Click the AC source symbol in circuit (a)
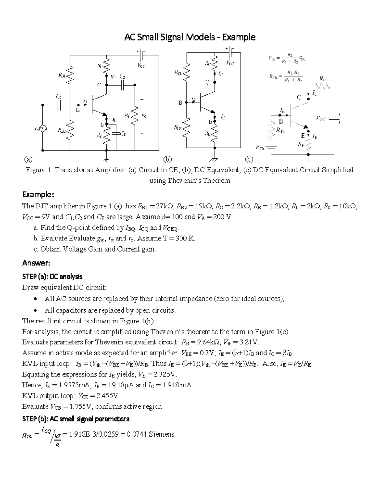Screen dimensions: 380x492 coord(42,129)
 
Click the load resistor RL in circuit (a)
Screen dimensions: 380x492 coord(135,116)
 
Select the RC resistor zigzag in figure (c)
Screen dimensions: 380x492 coord(323,86)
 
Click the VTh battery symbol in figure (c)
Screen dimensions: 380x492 coord(271,147)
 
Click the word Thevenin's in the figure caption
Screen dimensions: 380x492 coord(187,181)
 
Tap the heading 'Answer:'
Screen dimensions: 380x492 coord(36,263)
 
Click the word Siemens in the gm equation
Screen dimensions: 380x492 coord(161,434)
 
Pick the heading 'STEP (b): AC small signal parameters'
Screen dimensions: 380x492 coord(76,419)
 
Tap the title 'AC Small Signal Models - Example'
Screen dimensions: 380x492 coord(190,37)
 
